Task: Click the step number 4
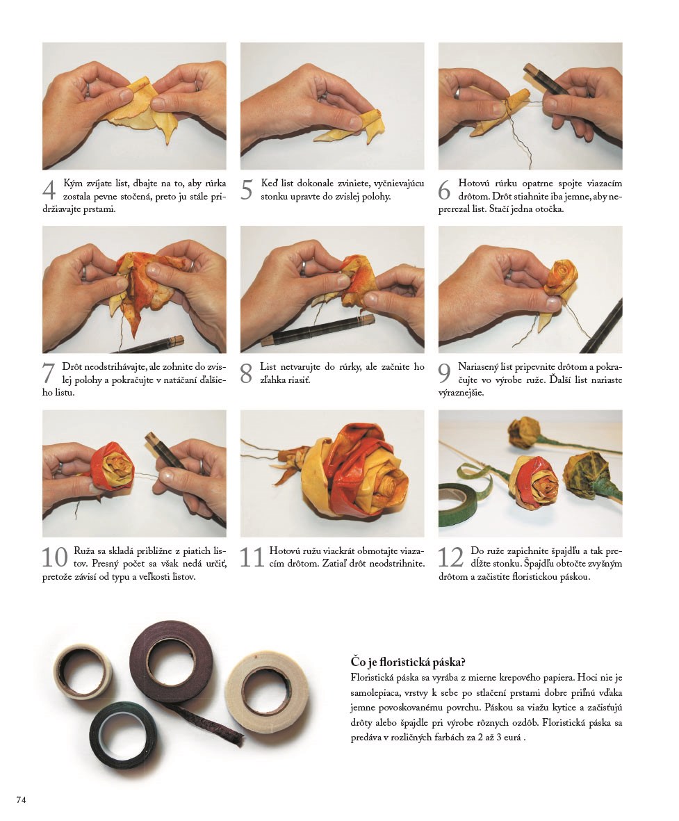pos(49,190)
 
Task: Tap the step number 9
pos(444,373)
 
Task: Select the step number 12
pos(451,557)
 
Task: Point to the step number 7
pos(48,373)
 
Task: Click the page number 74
pos(22,799)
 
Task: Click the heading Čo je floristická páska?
pos(408,663)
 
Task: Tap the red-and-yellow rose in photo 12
pos(533,482)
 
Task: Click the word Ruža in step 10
pos(84,551)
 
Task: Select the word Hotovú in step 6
pos(474,184)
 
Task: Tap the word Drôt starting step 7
pos(73,367)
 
